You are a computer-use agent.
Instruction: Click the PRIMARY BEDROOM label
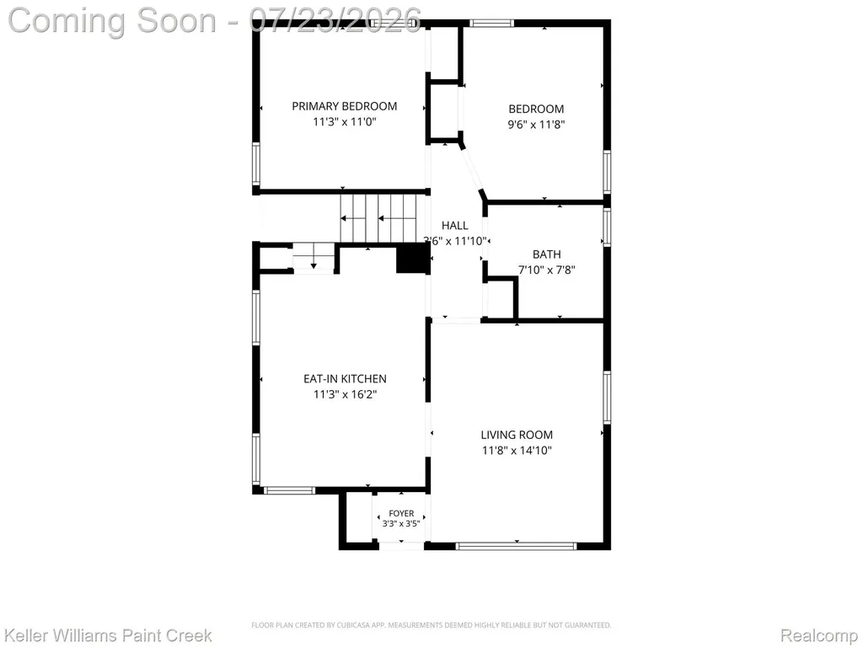point(344,106)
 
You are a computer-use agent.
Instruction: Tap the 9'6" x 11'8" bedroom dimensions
point(536,125)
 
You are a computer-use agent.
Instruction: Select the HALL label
point(454,225)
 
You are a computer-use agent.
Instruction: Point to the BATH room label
point(546,254)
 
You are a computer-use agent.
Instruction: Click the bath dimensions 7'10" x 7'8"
point(546,270)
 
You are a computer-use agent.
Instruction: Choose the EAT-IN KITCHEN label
point(345,378)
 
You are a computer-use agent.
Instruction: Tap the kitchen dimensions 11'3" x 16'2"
point(345,394)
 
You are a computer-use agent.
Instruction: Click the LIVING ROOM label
point(517,435)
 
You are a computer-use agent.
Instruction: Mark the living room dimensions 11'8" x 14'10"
point(517,451)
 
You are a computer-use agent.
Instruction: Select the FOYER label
point(401,513)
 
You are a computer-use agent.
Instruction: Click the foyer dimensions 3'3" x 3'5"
point(401,524)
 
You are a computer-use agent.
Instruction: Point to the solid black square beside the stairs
point(413,259)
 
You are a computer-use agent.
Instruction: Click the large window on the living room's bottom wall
point(517,546)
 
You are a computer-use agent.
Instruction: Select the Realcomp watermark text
point(819,635)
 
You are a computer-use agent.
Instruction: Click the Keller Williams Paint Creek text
point(108,635)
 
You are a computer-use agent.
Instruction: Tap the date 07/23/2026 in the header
point(335,20)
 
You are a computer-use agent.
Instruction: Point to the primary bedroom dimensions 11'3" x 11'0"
point(345,121)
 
